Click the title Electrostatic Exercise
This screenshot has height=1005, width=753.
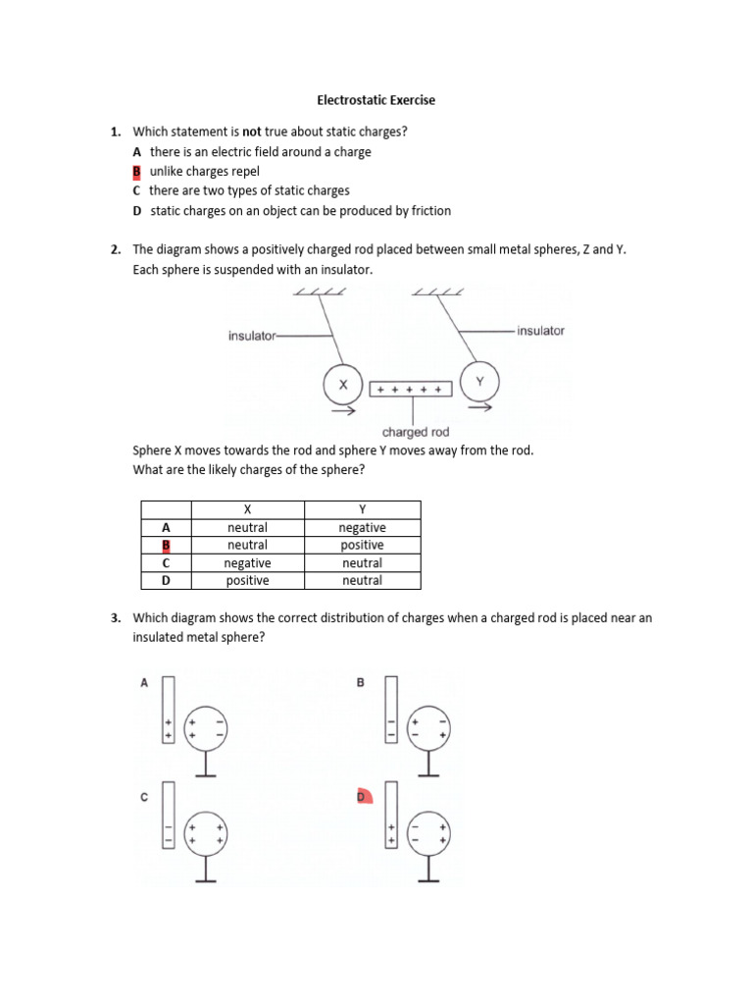coord(376,100)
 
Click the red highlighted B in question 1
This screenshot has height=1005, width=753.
coord(137,171)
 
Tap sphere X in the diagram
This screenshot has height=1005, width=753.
coord(343,386)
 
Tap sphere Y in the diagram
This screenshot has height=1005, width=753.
coord(479,382)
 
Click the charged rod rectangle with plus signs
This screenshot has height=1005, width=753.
coord(411,390)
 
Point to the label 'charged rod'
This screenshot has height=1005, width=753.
coord(415,432)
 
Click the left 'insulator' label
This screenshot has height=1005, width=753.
coord(253,336)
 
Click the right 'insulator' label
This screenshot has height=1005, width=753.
coord(540,331)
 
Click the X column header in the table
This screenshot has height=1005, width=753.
coord(248,509)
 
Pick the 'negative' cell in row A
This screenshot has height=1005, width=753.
coord(362,527)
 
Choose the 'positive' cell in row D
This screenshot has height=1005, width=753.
coord(248,580)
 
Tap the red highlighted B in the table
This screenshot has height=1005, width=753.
coord(166,545)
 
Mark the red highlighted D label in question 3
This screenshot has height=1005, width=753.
coord(361,797)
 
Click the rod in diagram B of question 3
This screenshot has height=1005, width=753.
coord(391,709)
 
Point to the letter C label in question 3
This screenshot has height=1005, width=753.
coord(144,797)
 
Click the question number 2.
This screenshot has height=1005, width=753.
coord(115,249)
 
